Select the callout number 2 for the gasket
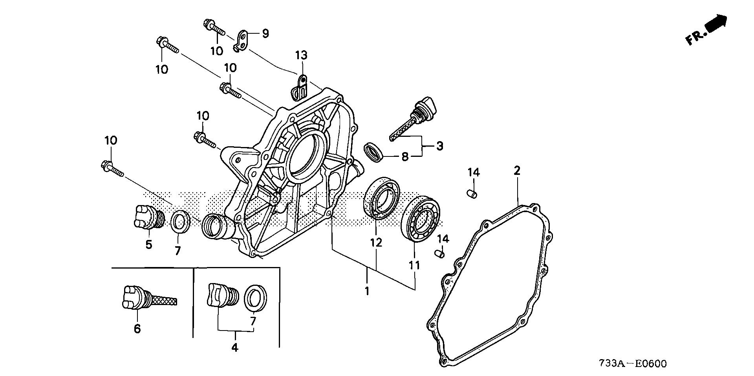pyautogui.click(x=517, y=171)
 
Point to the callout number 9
pyautogui.click(x=265, y=34)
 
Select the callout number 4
pyautogui.click(x=235, y=347)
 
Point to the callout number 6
pyautogui.click(x=137, y=329)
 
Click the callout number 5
pyautogui.click(x=149, y=245)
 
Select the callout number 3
pyautogui.click(x=439, y=146)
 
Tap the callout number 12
pyautogui.click(x=376, y=242)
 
